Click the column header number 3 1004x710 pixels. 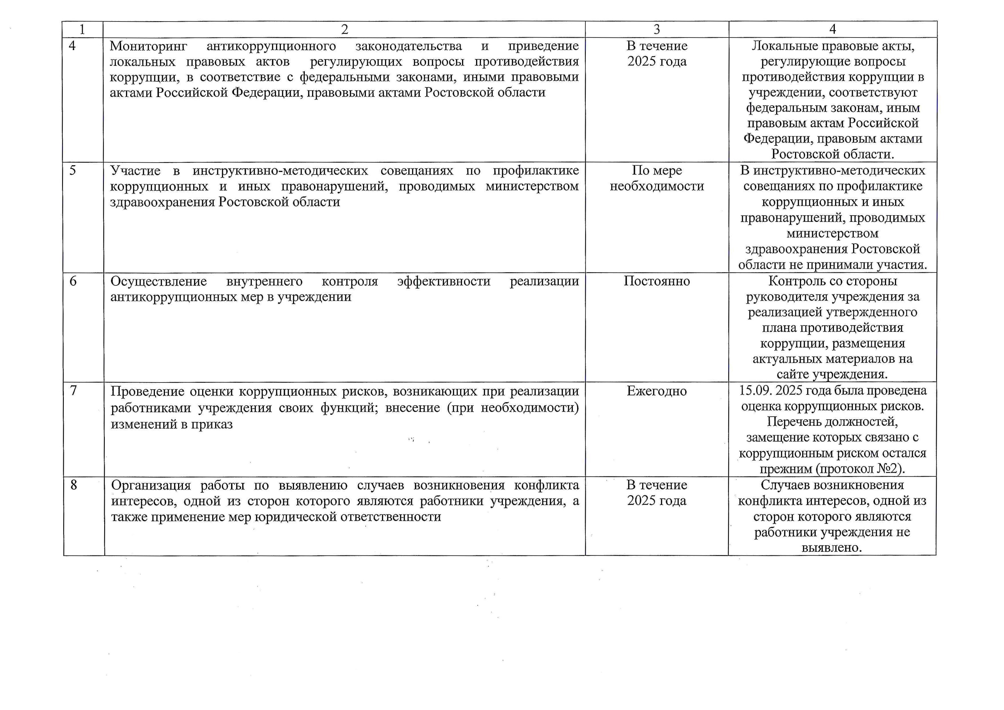tap(656, 29)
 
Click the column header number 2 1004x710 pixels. tap(345, 29)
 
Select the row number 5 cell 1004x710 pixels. tap(73, 170)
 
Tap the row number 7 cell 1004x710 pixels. tap(74, 391)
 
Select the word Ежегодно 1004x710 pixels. tap(656, 391)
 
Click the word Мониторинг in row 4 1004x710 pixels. tap(148, 46)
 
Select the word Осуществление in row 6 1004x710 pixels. tap(158, 281)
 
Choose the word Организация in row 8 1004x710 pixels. tap(151, 485)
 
